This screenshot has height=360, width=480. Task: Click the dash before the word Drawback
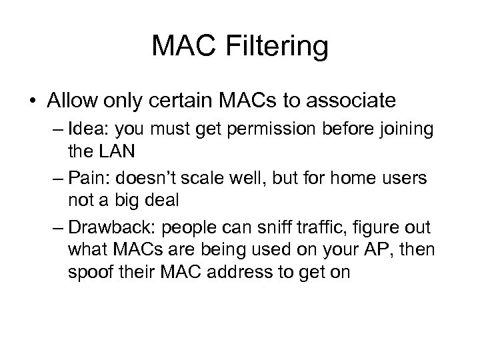56,227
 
